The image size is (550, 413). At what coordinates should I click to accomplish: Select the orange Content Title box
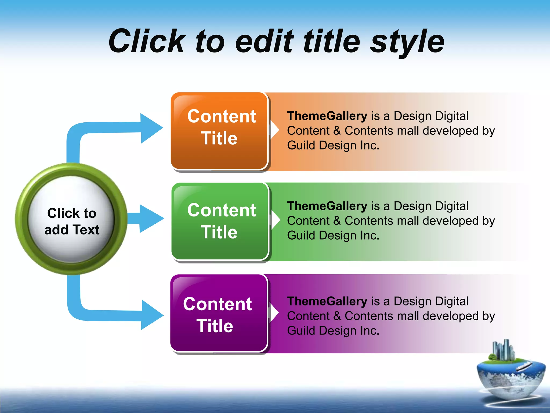(219, 131)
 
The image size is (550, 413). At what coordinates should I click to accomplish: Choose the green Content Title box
(220, 221)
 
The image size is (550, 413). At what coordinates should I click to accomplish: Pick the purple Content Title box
(219, 313)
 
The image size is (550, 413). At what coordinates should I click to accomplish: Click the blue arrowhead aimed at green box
(150, 218)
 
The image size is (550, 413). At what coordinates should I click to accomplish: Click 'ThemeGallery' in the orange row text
(327, 116)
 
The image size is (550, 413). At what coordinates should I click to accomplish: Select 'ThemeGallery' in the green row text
(327, 206)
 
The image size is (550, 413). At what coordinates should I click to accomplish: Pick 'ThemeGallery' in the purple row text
(327, 301)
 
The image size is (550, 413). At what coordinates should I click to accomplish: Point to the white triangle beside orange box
(274, 130)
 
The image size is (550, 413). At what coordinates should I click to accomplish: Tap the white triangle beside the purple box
(274, 313)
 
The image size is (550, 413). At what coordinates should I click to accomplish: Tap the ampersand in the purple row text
(337, 316)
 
